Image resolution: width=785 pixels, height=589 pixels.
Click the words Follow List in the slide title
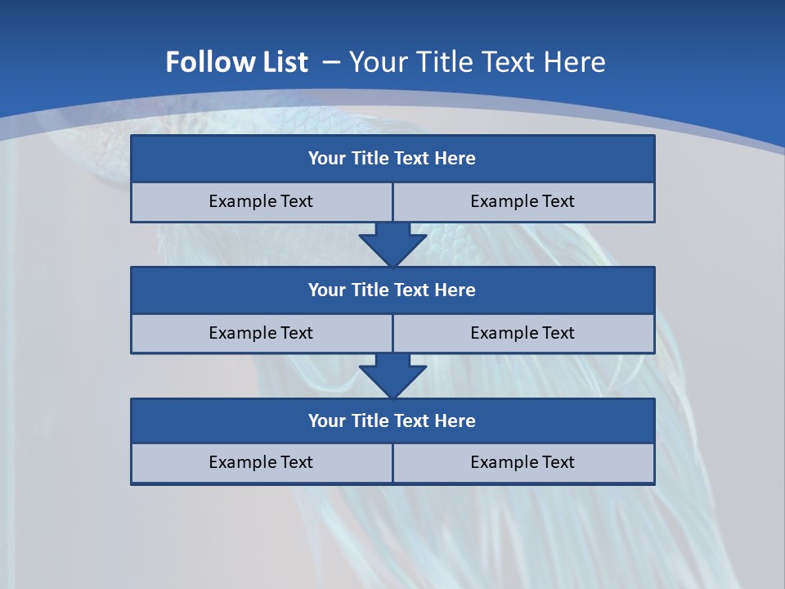click(236, 62)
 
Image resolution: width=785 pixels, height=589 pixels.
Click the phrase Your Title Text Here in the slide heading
click(477, 62)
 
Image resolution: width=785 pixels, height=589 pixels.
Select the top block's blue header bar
click(392, 159)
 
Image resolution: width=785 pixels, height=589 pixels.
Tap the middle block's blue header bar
click(392, 290)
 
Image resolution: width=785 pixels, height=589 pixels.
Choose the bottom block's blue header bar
click(392, 420)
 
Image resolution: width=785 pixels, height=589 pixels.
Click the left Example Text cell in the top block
click(261, 201)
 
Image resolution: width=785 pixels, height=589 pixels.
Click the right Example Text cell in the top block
click(523, 201)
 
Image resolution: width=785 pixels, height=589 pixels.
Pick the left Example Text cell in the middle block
click(261, 333)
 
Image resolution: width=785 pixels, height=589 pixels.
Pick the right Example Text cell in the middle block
click(523, 333)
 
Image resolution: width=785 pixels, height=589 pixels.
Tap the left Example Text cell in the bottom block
click(261, 462)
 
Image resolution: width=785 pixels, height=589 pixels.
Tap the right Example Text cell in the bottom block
click(523, 462)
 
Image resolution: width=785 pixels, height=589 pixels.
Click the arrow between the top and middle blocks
click(392, 243)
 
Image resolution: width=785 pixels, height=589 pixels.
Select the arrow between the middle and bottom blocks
click(392, 375)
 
